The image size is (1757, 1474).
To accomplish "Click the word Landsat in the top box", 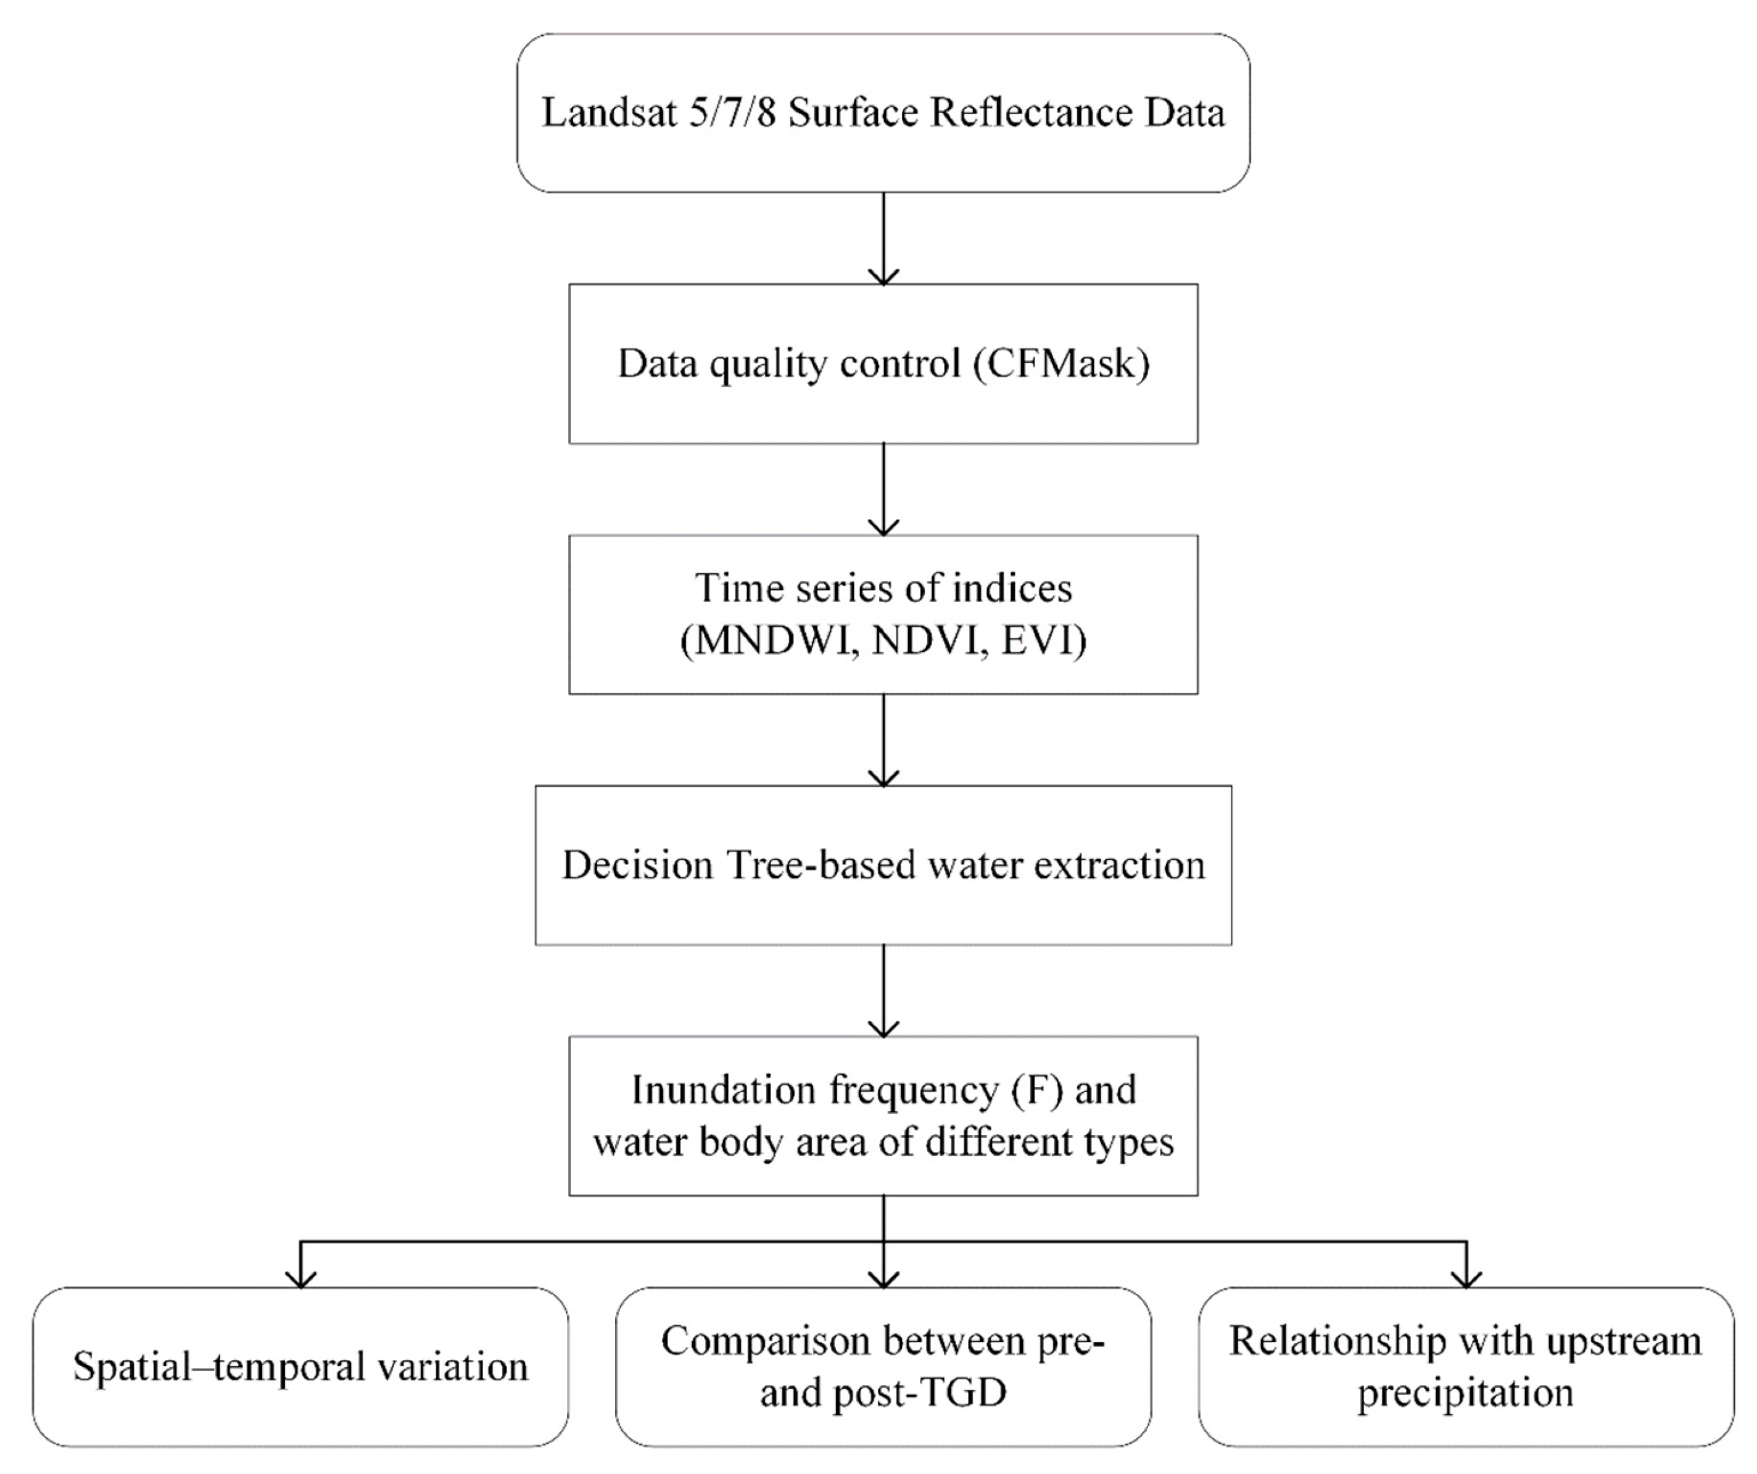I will point(609,113).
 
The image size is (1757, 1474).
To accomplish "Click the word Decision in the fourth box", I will point(637,865).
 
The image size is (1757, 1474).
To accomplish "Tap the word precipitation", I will point(1465,1393).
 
